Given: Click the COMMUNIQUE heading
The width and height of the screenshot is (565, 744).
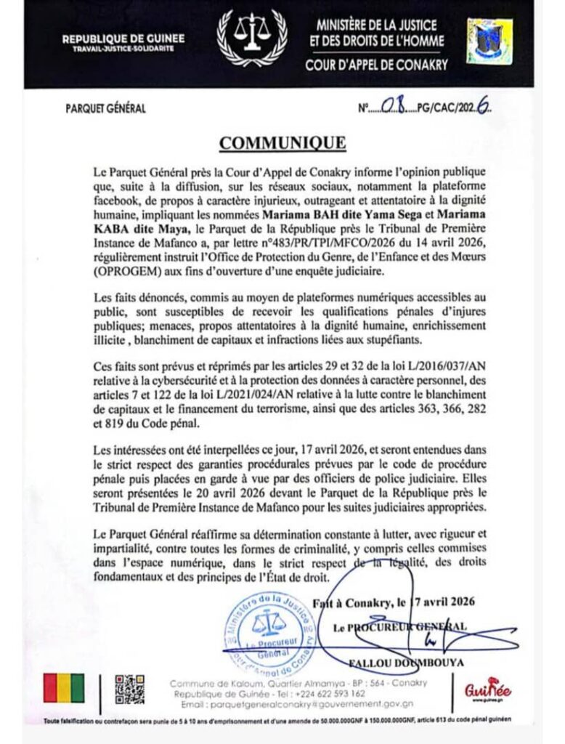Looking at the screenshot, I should point(282,143).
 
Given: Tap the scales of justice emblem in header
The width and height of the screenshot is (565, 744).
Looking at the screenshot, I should point(252,37).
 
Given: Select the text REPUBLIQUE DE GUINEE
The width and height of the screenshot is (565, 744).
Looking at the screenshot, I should point(123,39).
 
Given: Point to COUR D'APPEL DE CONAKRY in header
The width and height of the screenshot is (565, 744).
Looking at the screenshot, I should point(376,64).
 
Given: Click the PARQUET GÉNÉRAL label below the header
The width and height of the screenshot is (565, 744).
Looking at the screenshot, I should point(106,109).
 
